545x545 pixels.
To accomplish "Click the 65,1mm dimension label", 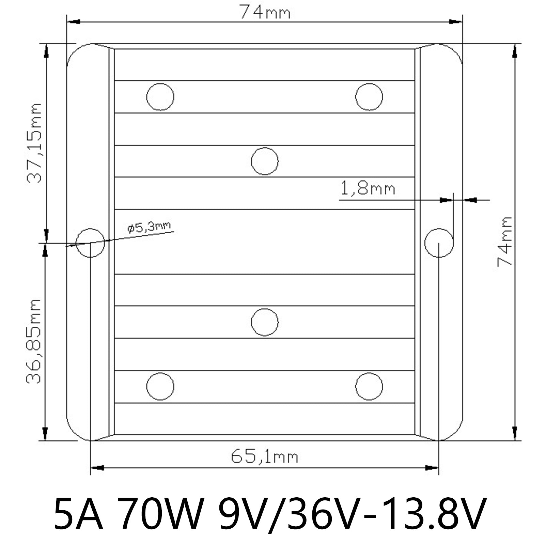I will point(264,457).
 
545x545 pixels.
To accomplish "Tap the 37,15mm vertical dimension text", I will point(34,143).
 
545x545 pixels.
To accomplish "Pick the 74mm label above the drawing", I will point(265,13).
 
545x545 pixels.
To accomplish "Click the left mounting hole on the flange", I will point(90,243).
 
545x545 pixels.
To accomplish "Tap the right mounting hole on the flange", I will point(439,243).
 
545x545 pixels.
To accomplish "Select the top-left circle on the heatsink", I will point(160,97).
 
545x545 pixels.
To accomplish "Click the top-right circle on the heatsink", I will point(369,97).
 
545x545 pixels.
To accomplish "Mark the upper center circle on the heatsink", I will point(265,161).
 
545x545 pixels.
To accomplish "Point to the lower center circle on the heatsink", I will point(265,322).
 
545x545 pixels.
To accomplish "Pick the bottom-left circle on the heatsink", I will point(160,386).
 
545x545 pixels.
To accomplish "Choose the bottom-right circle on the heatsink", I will point(369,386).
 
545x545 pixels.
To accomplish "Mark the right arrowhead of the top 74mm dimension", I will point(455,22).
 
